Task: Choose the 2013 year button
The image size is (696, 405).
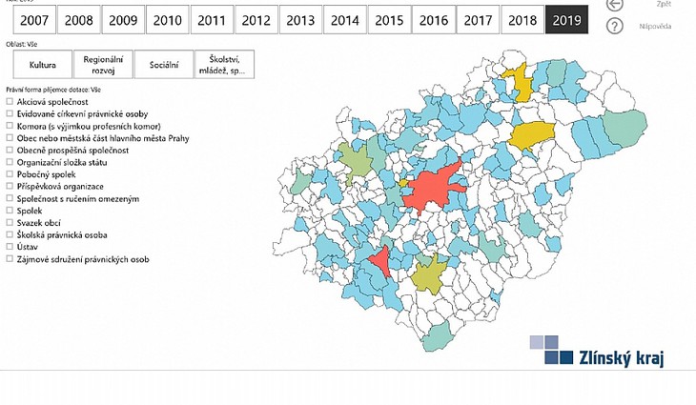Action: [300, 19]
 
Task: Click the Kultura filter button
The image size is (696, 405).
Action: [43, 65]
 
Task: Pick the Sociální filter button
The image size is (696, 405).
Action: [164, 65]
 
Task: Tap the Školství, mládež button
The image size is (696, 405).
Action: [225, 65]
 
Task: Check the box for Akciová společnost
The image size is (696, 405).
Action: [10, 101]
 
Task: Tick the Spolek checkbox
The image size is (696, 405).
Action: [10, 211]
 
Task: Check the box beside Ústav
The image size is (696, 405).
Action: [10, 247]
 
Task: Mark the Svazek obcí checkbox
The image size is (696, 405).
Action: [10, 223]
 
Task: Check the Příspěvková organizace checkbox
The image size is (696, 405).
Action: [10, 187]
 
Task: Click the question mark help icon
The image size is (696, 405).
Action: [615, 26]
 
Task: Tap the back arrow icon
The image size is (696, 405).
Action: [615, 5]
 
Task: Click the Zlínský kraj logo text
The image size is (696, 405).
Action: [622, 358]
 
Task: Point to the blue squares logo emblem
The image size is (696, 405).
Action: [551, 351]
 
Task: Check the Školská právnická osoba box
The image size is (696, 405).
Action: [10, 234]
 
